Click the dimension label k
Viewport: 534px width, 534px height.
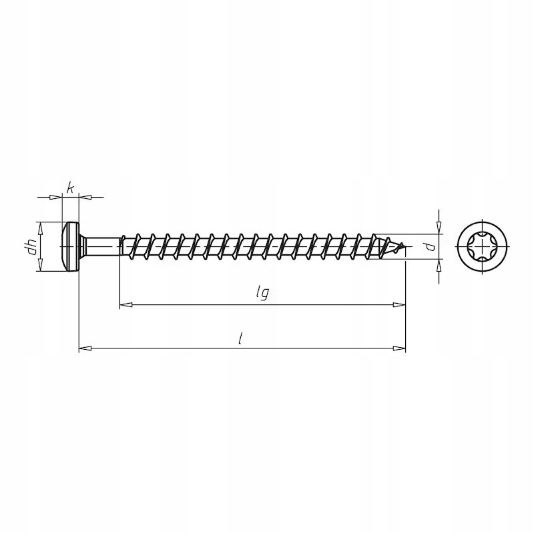70,188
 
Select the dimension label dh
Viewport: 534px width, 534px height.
32,247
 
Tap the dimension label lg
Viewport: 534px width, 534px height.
262,293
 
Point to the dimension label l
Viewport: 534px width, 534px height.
240,338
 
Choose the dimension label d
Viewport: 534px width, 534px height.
431,246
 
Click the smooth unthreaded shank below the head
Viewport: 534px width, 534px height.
102,246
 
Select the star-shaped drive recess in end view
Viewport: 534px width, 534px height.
481,246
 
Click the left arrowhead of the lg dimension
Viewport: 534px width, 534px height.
124,304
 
